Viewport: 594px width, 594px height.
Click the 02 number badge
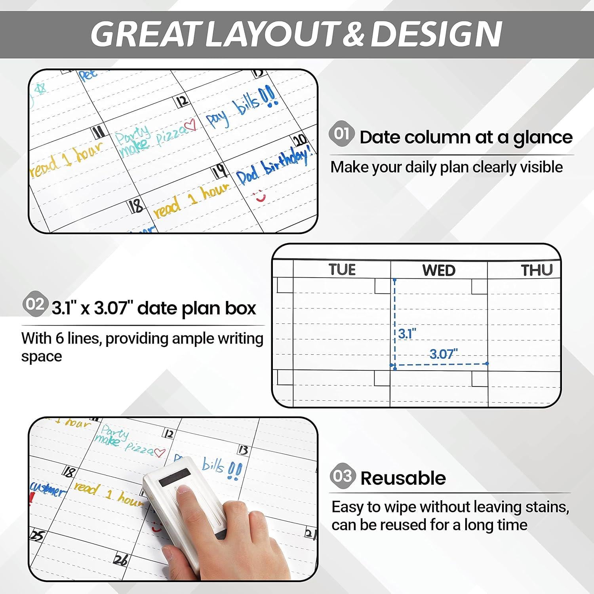click(35, 304)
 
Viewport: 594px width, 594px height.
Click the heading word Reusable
click(403, 478)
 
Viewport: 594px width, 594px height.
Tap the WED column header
click(439, 270)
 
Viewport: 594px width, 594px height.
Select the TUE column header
click(342, 270)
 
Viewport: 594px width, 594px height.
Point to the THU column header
click(537, 270)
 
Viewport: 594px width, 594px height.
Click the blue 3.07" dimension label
click(444, 354)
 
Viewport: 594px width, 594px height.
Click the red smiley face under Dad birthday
click(260, 196)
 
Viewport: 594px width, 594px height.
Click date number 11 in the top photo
click(97, 131)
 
